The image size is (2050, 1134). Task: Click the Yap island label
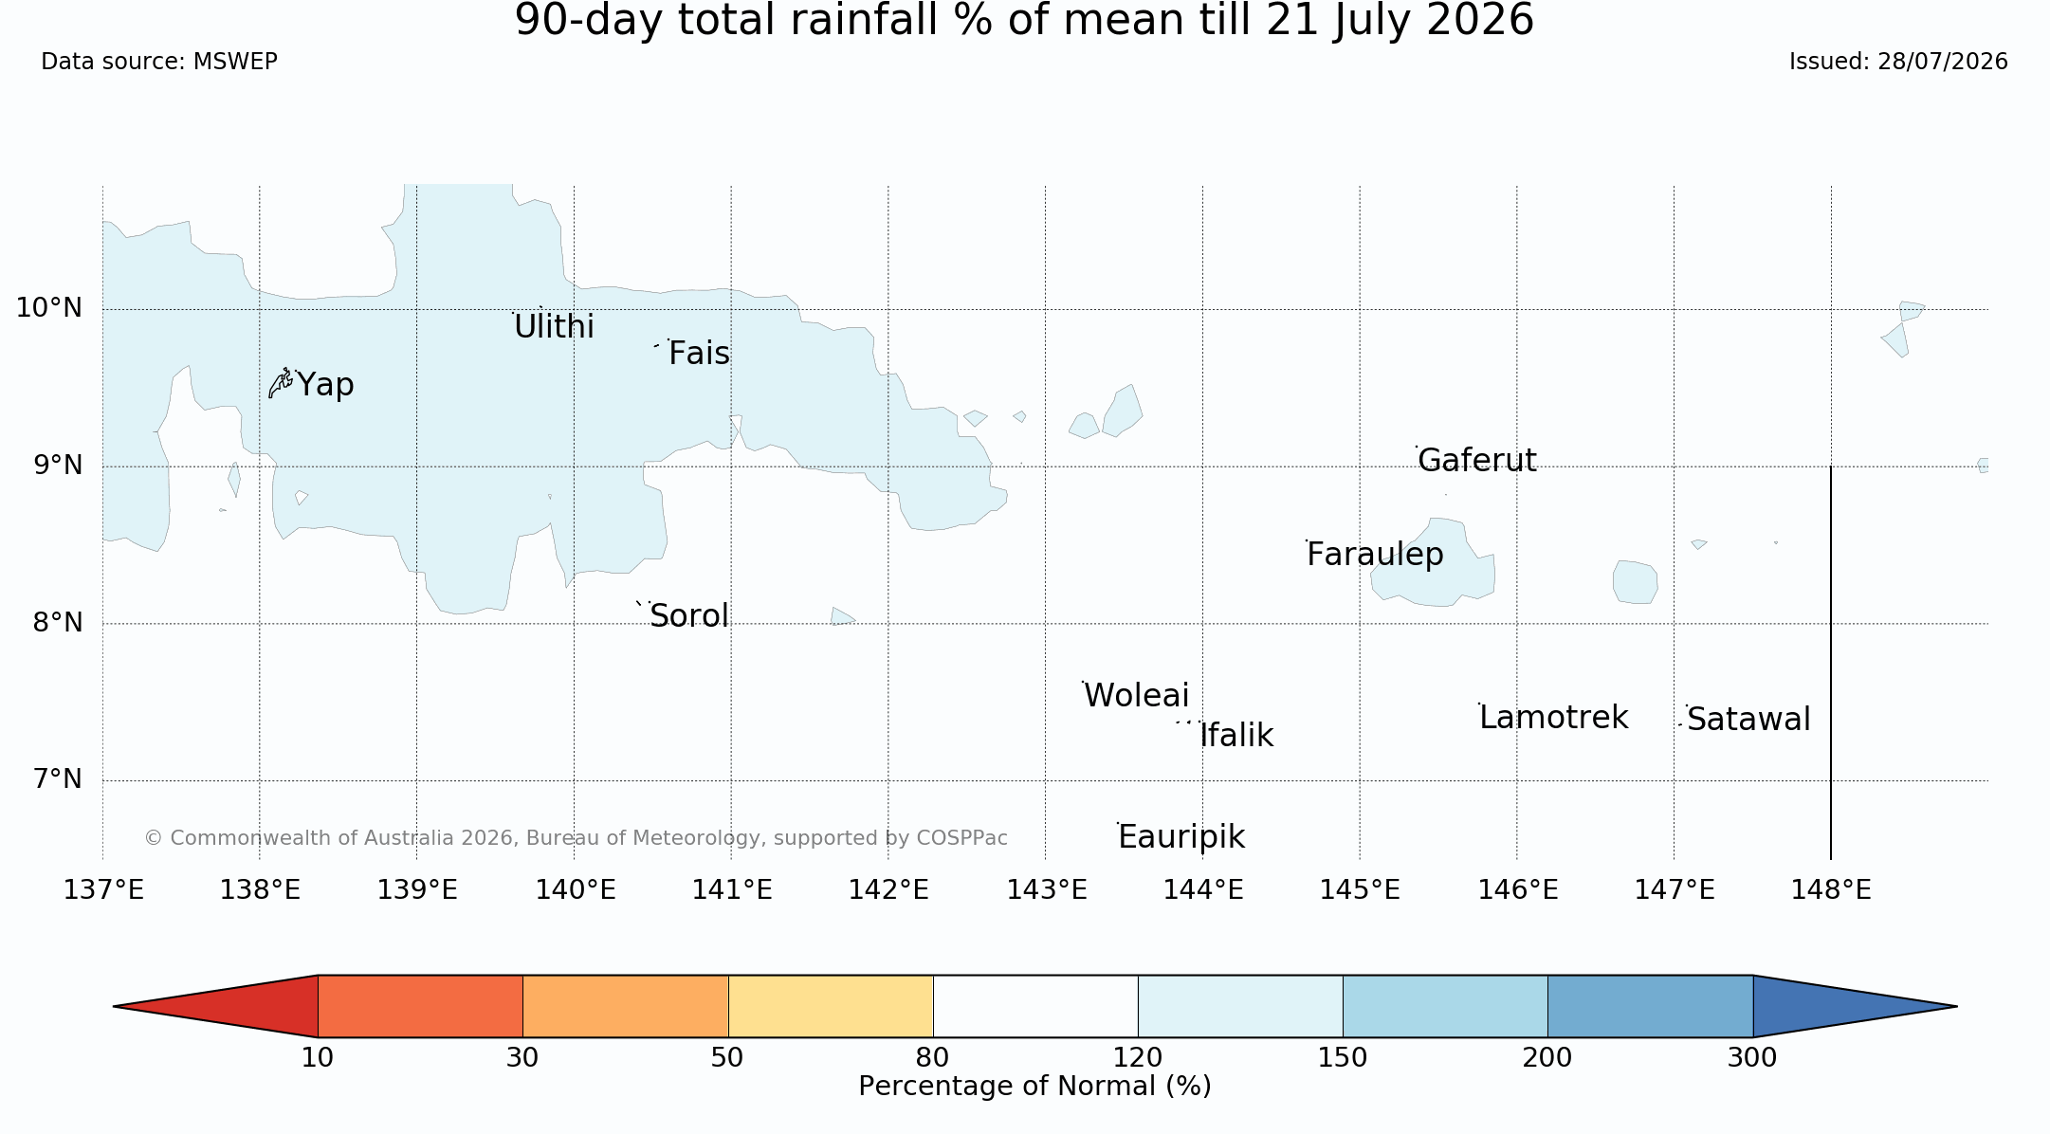[x=325, y=385]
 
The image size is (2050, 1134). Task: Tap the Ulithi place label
[x=554, y=326]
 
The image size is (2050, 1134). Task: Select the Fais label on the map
[x=699, y=353]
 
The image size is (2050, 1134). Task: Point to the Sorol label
[x=689, y=615]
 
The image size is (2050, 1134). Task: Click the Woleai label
[x=1136, y=695]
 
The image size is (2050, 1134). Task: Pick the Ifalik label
[x=1236, y=735]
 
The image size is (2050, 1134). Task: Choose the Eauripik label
[x=1181, y=837]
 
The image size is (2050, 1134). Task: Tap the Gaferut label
[x=1476, y=460]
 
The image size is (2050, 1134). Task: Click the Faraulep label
[x=1375, y=555]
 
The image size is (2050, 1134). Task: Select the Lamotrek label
[x=1553, y=717]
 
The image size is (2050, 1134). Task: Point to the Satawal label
[x=1748, y=719]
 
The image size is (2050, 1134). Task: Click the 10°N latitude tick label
[x=48, y=307]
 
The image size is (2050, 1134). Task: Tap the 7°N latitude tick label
[x=57, y=778]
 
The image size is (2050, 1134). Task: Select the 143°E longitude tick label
[x=1046, y=889]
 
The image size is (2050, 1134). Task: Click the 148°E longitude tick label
[x=1831, y=889]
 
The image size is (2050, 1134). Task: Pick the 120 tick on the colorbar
[x=1138, y=1057]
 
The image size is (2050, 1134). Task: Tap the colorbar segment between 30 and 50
[x=626, y=1006]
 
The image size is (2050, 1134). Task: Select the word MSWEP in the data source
[x=235, y=62]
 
